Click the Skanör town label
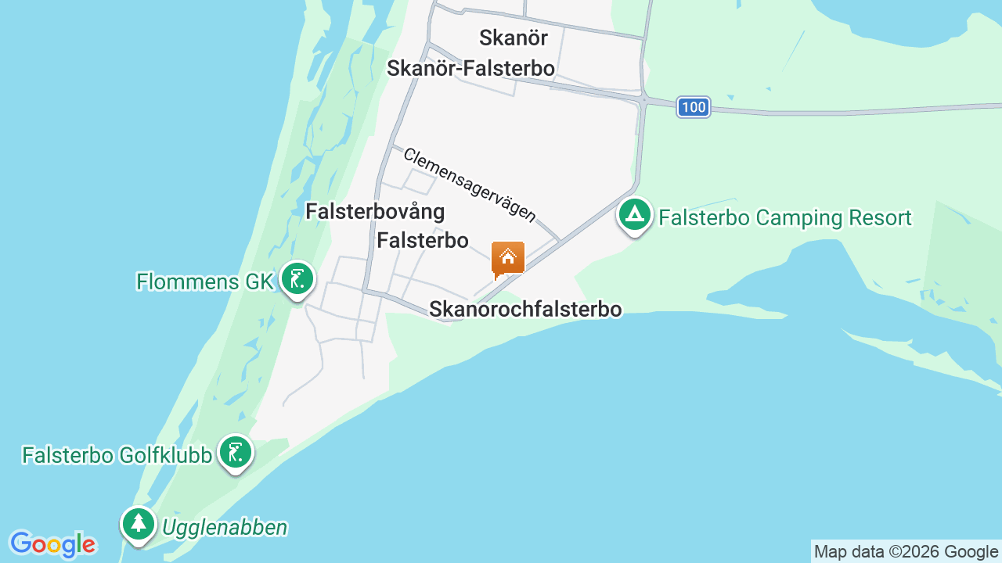tap(513, 38)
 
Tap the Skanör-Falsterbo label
tap(470, 69)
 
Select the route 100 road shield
tap(694, 107)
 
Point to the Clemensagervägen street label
tap(470, 185)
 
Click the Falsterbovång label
tap(375, 212)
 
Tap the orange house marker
tap(507, 259)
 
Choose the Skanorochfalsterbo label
tap(525, 310)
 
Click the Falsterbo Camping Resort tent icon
tap(635, 213)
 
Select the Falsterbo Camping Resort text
tap(785, 217)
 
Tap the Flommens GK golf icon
tap(297, 278)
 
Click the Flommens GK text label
tap(204, 281)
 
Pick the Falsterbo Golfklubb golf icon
tap(235, 452)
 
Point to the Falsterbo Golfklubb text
tap(117, 455)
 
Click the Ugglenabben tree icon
tap(139, 523)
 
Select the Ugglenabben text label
tap(225, 528)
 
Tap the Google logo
tap(52, 544)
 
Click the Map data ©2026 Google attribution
tap(906, 551)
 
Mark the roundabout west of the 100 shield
tap(643, 100)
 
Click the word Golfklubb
tap(165, 455)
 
